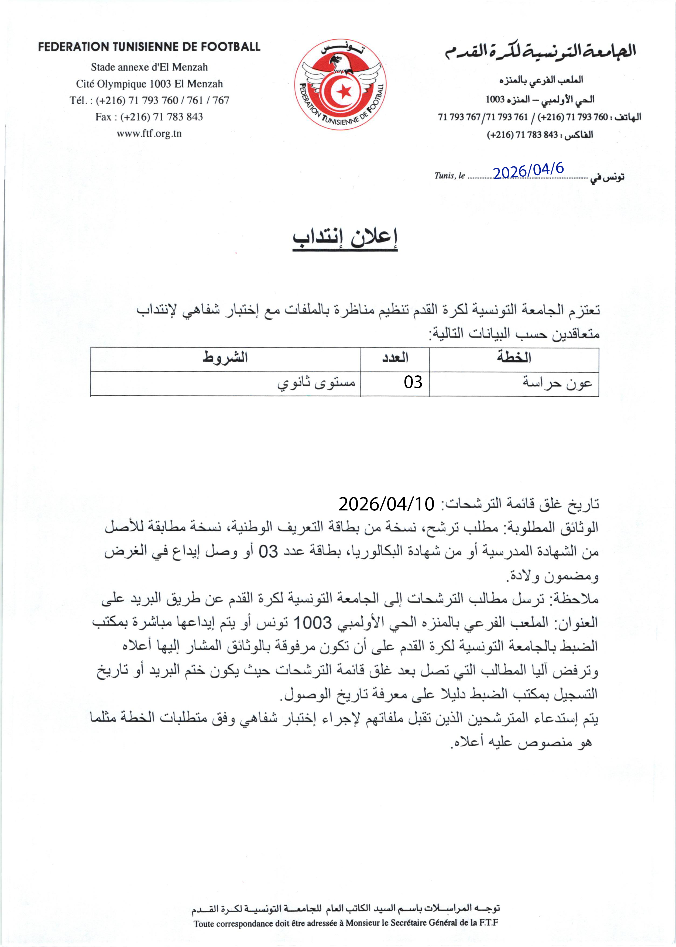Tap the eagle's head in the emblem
click(x=335, y=61)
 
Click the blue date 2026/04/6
click(x=528, y=170)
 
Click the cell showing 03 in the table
click(x=413, y=382)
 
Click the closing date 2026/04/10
click(x=386, y=504)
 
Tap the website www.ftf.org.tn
click(x=149, y=134)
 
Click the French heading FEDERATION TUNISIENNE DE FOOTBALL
click(x=149, y=47)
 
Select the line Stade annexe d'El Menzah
click(x=149, y=67)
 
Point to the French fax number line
click(x=149, y=117)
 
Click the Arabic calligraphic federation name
click(x=540, y=52)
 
